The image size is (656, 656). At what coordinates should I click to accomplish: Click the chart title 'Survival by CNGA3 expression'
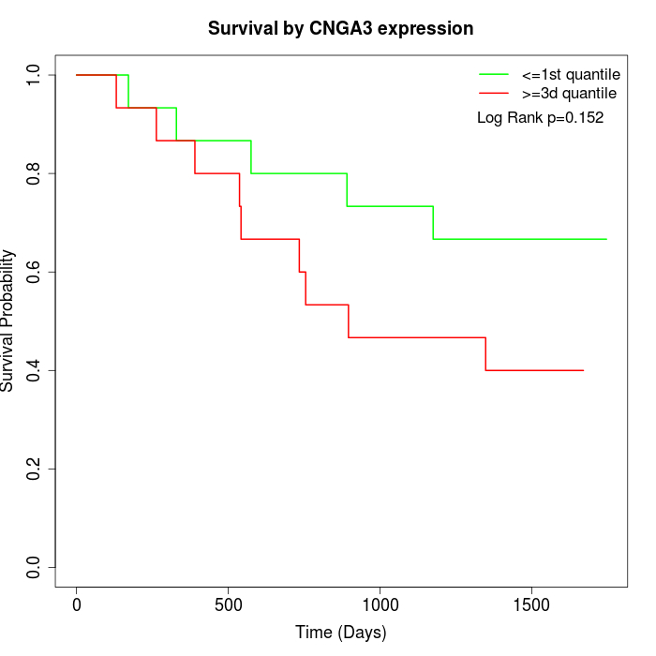[x=340, y=28]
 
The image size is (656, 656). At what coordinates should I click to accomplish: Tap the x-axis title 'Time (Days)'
[x=340, y=633]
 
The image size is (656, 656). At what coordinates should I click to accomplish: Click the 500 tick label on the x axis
[x=228, y=604]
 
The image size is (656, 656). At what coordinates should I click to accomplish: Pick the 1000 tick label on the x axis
[x=380, y=604]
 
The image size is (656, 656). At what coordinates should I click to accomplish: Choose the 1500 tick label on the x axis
[x=531, y=604]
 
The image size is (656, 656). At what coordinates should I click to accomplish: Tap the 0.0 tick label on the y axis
[x=35, y=567]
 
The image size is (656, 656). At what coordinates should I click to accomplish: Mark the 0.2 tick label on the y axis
[x=35, y=469]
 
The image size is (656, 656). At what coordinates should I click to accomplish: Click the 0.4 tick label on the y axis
[x=35, y=370]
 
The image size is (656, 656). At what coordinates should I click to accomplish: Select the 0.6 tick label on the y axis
[x=35, y=272]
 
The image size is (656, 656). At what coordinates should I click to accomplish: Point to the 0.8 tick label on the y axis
[x=35, y=173]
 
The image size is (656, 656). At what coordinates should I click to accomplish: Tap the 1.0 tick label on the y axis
[x=35, y=75]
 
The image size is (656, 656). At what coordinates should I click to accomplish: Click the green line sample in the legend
[x=494, y=74]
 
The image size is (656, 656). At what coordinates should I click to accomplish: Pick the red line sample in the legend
[x=494, y=94]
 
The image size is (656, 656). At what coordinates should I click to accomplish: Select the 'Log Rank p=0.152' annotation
[x=540, y=118]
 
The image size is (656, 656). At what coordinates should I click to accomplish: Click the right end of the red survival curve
[x=583, y=370]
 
